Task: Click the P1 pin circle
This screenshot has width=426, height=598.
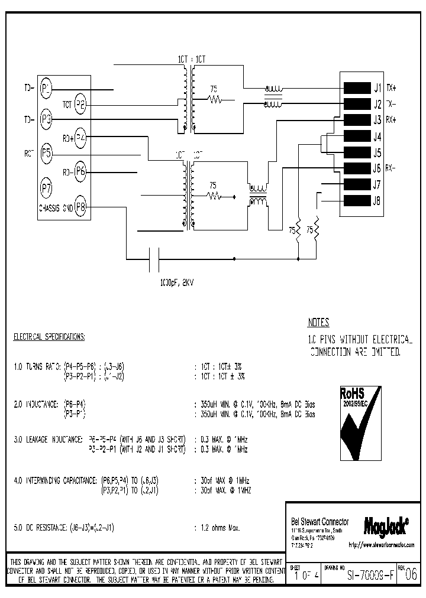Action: point(46,89)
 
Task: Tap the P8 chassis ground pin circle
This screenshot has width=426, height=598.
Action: point(80,207)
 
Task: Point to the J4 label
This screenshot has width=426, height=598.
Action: point(377,136)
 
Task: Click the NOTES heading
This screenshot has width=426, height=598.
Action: point(318,323)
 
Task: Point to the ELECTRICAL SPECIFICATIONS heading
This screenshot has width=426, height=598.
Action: point(49,337)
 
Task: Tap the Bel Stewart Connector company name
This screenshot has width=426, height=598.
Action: point(319,521)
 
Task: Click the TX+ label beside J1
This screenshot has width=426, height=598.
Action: point(391,88)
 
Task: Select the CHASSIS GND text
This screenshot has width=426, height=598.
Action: point(56,208)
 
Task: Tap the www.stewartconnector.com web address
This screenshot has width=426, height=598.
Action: point(381,544)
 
